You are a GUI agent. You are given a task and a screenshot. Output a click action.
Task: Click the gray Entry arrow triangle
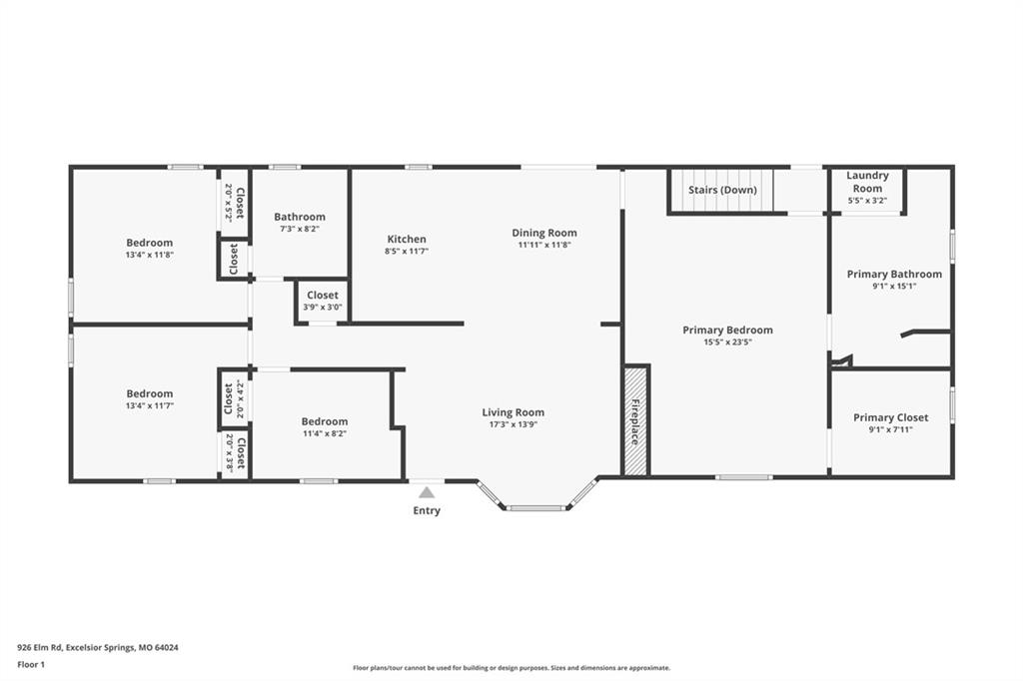tap(426, 492)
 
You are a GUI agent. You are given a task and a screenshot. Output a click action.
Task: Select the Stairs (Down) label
tap(722, 190)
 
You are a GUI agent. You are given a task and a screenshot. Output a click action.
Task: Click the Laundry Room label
tap(867, 182)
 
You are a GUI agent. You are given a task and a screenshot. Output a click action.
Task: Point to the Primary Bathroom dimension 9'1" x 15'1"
tap(894, 286)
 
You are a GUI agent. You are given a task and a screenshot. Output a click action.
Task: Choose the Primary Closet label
tap(890, 417)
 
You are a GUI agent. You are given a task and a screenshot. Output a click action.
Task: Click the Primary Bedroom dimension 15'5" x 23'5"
tap(727, 341)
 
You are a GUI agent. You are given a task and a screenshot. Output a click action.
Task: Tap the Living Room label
tap(512, 412)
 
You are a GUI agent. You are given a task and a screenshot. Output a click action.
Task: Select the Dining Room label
tap(544, 233)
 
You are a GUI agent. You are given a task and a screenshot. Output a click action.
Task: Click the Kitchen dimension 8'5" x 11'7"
tap(407, 252)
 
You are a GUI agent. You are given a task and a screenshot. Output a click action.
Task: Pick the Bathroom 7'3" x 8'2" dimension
tap(300, 229)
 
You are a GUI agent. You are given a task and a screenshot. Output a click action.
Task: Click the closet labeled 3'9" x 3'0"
tap(323, 301)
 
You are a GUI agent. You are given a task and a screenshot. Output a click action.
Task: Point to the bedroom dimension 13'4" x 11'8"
tap(150, 255)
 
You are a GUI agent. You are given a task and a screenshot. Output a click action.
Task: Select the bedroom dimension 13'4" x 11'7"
tap(150, 405)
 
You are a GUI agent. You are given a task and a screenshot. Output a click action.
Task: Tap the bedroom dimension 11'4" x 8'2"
tap(325, 433)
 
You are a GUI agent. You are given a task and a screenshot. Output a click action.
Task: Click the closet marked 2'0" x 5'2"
tap(234, 203)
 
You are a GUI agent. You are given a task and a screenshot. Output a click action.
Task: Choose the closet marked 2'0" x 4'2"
tap(234, 398)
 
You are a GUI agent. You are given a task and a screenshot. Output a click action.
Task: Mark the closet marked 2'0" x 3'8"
tap(235, 452)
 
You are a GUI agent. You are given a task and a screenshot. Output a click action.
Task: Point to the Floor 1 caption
tap(31, 665)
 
